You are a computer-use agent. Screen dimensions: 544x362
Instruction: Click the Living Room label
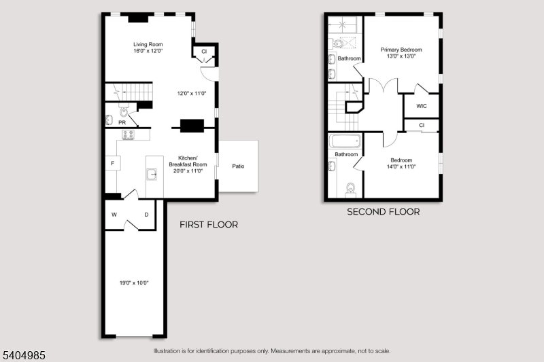point(148,44)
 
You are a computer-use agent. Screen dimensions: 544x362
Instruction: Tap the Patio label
point(238,166)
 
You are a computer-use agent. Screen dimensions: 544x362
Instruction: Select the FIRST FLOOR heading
point(209,225)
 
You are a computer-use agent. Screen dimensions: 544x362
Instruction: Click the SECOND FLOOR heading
point(384,212)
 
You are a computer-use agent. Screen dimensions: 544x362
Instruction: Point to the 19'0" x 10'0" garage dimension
point(134,283)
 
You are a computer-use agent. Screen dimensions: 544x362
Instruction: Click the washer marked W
point(114,215)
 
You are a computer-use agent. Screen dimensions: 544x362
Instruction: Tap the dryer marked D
point(146,215)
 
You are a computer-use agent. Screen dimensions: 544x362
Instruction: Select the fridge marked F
point(113,163)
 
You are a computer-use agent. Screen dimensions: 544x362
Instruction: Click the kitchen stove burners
point(128,134)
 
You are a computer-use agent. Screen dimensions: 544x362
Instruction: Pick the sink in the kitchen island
point(152,174)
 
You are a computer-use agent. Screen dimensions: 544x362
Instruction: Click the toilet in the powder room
point(124,111)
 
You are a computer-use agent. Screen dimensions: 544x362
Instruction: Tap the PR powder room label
point(122,123)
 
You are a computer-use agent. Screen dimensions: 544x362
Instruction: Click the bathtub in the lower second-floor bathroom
point(345,141)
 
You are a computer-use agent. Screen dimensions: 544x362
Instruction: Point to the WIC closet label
point(422,106)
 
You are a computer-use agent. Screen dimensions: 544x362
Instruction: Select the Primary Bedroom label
point(401,50)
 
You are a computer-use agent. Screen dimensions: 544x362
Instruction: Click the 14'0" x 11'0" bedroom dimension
point(401,166)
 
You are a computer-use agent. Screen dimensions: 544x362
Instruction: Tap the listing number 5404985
point(24,355)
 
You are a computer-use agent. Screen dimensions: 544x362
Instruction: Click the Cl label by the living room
point(204,51)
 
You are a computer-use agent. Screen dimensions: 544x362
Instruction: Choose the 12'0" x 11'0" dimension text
point(192,93)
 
